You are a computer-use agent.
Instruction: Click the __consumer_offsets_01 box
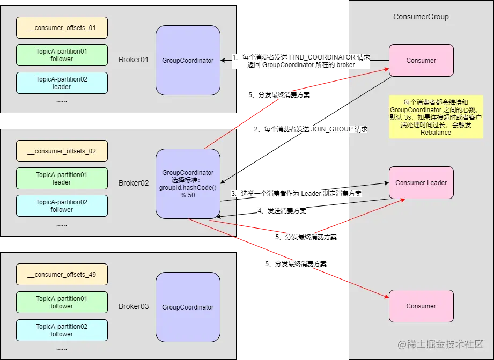(62, 27)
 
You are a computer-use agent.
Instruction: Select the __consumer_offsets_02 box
(62, 151)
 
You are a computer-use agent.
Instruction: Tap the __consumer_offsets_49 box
(62, 274)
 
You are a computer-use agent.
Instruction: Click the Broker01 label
(133, 60)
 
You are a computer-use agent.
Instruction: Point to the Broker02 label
(133, 183)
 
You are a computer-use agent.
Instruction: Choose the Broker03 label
(133, 306)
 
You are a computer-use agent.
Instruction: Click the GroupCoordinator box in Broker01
(188, 61)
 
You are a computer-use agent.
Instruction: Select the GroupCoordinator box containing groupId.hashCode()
(188, 183)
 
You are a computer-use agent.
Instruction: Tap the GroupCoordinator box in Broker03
(188, 307)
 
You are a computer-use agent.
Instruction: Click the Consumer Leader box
(421, 182)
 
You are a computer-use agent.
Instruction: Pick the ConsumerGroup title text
(421, 17)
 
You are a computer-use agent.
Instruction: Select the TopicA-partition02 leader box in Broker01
(62, 83)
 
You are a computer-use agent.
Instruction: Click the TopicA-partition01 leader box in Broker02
(62, 178)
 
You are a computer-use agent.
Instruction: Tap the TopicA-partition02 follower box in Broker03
(62, 330)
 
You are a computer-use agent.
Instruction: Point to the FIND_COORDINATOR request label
(301, 61)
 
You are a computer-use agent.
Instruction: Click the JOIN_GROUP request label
(311, 129)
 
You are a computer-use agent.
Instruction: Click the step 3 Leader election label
(296, 193)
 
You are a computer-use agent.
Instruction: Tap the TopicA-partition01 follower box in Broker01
(62, 55)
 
